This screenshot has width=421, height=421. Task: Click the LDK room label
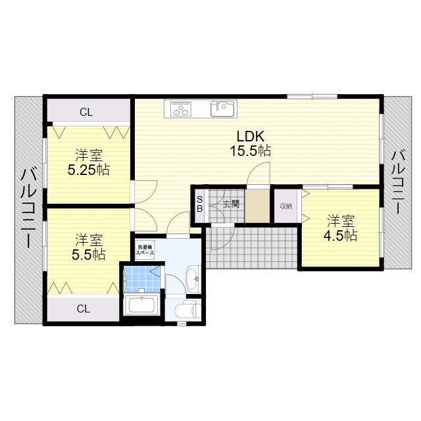pos(250,136)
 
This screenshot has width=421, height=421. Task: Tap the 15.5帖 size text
pos(250,151)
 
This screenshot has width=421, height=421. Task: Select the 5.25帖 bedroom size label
pos(89,170)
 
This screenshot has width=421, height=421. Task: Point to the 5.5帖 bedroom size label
pos(89,255)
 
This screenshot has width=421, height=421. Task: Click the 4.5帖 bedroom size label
pos(340,235)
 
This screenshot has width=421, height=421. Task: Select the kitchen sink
pos(222,109)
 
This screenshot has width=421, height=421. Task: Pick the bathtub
pos(141,305)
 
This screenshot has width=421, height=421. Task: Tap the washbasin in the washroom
pos(193,279)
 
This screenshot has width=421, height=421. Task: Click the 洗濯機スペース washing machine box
pos(145,250)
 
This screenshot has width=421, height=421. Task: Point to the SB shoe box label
pos(199,205)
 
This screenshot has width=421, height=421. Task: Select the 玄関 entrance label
pos(231,205)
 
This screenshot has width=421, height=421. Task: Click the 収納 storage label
pos(286,206)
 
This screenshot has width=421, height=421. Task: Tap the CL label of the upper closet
pos(86,112)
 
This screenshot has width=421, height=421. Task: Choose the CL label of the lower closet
pos(84,309)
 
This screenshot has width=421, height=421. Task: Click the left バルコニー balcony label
pos(28,209)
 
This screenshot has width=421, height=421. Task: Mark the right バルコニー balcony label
pos(399,182)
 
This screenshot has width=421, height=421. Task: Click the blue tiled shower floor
pos(142,279)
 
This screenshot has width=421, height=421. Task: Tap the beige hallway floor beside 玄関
pos(257,206)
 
